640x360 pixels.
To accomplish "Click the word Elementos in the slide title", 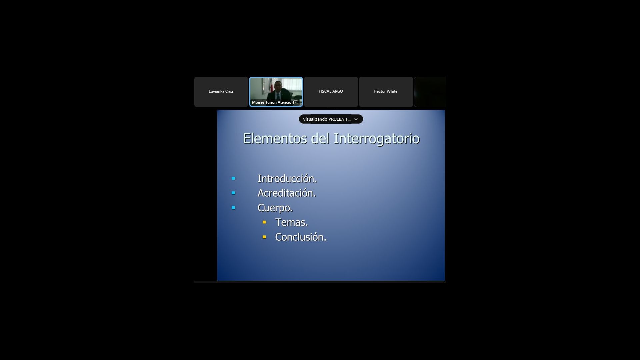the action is [x=275, y=138].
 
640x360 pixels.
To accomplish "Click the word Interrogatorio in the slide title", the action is [x=376, y=139].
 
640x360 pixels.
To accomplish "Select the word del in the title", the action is [x=320, y=138].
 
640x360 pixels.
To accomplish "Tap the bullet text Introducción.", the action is [x=287, y=179].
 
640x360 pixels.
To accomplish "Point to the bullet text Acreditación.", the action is [x=287, y=193].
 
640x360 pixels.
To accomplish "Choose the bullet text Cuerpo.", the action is [x=275, y=208].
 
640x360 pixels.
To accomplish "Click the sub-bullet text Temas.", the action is [x=291, y=222].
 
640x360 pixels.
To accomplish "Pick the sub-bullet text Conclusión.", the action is [x=301, y=237].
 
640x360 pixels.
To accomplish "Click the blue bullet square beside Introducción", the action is [x=233, y=179].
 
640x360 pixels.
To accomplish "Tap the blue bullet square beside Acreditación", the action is [x=233, y=193].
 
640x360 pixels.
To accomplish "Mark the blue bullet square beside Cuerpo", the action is [x=233, y=208].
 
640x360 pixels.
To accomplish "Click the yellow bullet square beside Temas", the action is [x=264, y=222].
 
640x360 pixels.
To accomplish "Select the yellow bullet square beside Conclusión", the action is [x=264, y=237].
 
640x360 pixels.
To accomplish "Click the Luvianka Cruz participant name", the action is [x=221, y=91].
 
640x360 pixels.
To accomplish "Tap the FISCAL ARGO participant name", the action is [x=331, y=91].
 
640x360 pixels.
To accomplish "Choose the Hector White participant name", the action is [x=385, y=91].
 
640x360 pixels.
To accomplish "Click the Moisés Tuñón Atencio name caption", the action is [x=272, y=102].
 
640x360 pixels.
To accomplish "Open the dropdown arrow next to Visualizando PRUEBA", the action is [x=356, y=119].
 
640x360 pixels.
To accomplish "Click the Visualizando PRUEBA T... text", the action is [x=327, y=119].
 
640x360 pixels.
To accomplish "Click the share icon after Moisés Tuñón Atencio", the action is [x=296, y=102].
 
